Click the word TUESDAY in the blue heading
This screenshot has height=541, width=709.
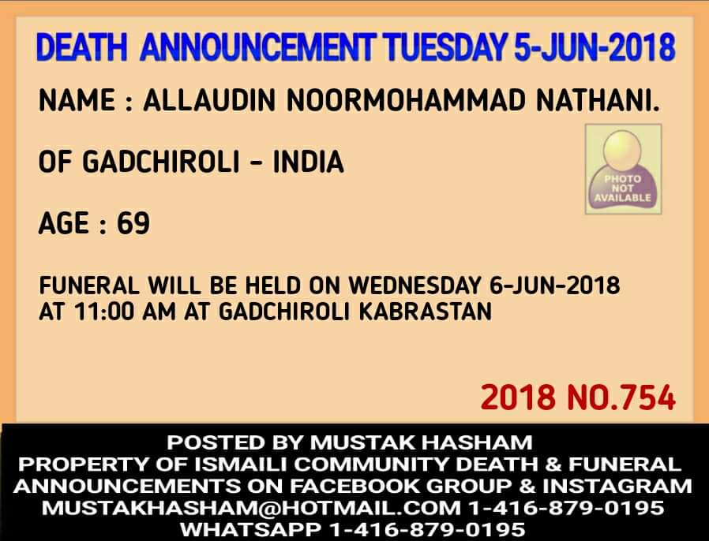pos(445,47)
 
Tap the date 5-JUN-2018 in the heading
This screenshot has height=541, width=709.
pos(595,47)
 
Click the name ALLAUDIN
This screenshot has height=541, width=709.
pos(209,100)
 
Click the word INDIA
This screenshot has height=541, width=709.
pos(309,162)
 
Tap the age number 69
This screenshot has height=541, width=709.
pos(133,223)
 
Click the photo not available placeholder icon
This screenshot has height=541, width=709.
pos(623,169)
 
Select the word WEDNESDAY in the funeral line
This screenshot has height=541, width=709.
pos(415,285)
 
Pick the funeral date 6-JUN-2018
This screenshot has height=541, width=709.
pos(555,285)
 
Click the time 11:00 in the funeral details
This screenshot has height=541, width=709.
pos(105,312)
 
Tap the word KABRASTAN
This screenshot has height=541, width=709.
pos(426,312)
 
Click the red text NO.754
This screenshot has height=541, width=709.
pos(621,397)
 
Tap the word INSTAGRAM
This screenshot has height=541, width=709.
pos(617,487)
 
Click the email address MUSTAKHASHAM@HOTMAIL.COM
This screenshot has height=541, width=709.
pos(251,508)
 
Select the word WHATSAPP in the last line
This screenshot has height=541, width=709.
pos(250,529)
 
